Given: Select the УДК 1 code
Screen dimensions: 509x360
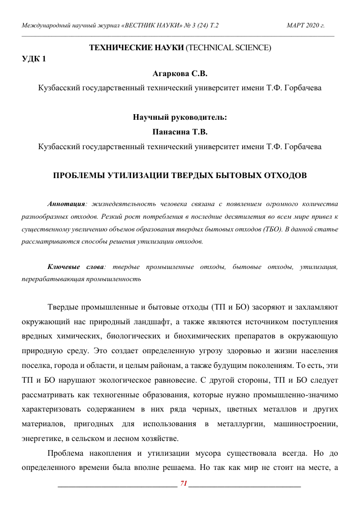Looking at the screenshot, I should click(34, 59).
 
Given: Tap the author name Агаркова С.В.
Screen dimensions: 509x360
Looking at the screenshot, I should click(180, 74).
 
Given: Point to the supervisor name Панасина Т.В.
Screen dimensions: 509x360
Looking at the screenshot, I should click(180, 132).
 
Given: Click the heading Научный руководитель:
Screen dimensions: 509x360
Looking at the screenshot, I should click(180, 117).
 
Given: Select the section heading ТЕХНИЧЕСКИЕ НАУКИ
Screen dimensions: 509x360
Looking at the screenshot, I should click(136, 48).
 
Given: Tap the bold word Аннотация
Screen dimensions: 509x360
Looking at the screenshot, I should click(66, 203).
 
